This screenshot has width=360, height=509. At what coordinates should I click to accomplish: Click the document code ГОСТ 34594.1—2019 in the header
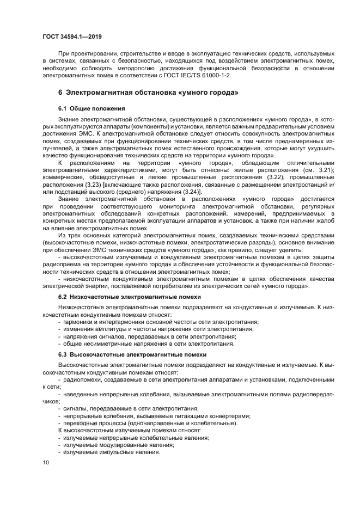click(x=71, y=36)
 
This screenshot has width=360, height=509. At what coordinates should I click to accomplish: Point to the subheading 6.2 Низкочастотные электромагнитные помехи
click(x=130, y=297)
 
